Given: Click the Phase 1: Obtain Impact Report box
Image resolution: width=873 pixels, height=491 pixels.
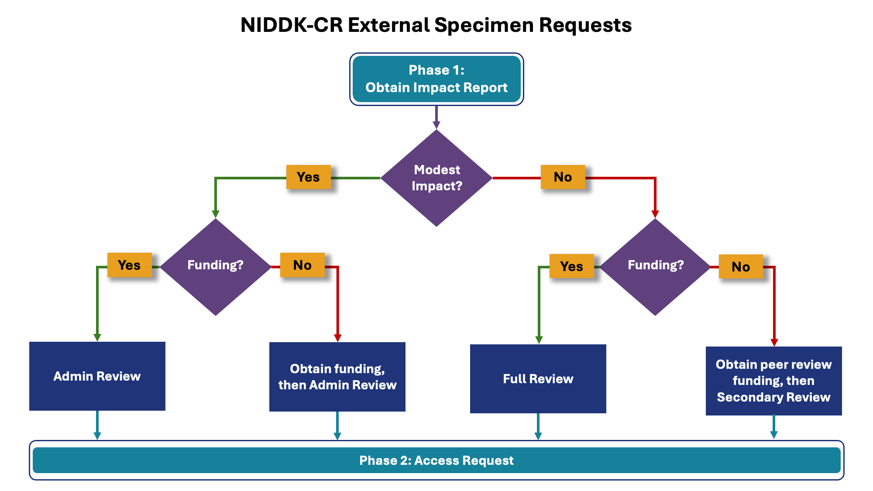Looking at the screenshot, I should click(436, 79).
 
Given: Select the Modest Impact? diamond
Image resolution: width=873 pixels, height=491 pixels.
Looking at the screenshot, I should click(436, 178).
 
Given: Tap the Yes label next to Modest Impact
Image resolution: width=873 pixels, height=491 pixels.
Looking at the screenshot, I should click(308, 177).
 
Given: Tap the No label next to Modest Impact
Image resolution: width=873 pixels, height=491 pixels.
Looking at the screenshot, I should click(563, 177).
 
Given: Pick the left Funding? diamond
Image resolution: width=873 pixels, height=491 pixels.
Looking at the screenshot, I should click(215, 266).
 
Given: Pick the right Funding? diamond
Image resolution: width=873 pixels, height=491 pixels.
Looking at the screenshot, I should click(655, 266).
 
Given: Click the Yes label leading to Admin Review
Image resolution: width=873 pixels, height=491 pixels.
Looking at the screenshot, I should click(129, 265).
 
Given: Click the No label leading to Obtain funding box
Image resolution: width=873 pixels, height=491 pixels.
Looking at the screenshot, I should click(302, 265).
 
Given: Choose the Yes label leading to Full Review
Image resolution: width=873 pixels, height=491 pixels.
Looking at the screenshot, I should click(571, 266).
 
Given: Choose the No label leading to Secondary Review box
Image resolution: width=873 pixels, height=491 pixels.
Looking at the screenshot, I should click(741, 267).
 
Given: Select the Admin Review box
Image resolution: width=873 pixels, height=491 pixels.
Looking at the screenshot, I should click(97, 376).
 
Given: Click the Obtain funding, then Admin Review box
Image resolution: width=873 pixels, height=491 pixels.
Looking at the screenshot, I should click(337, 377).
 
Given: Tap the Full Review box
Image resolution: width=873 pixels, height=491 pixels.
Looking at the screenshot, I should click(538, 379).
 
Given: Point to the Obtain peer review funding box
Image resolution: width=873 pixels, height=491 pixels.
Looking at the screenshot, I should click(773, 381).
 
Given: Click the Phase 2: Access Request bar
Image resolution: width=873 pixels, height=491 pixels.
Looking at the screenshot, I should click(436, 460).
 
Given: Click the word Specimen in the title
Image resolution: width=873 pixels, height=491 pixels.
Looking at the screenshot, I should click(484, 25).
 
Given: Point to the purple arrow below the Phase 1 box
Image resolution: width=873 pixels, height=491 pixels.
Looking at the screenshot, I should click(436, 117).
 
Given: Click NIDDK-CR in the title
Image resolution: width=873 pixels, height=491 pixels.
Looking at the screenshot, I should click(291, 25).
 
